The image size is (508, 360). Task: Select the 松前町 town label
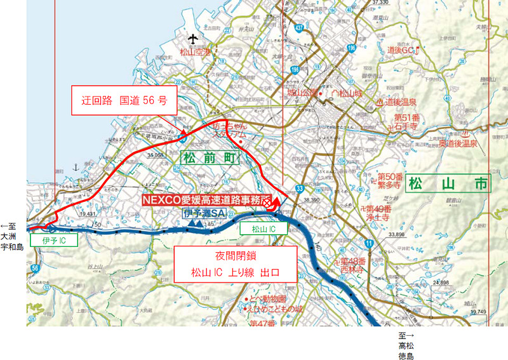pyautogui.click(x=207, y=157)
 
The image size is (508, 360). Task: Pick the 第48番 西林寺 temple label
pyautogui.click(x=349, y=265)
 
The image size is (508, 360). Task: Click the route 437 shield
pyautogui.click(x=299, y=28)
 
